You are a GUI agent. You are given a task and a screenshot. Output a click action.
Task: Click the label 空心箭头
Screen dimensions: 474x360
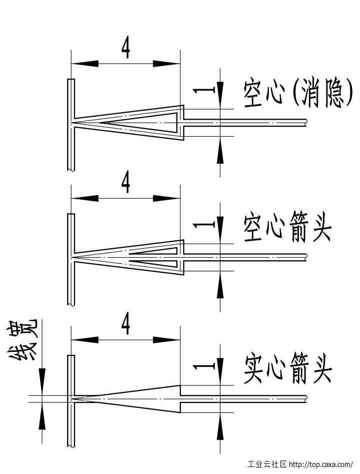click(287, 229)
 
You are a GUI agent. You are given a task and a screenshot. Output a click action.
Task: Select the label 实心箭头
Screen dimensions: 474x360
click(288, 370)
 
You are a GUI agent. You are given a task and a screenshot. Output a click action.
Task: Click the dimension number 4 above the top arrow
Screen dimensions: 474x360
click(126, 49)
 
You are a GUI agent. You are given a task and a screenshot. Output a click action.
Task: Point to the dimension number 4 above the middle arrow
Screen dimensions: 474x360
click(126, 184)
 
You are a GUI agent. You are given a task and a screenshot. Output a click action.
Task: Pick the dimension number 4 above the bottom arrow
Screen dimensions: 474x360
click(126, 325)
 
